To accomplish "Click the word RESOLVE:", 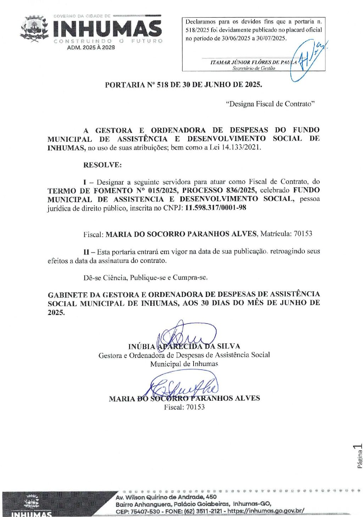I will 102,165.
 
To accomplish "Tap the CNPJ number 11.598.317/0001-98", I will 216,208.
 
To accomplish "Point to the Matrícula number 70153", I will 303,234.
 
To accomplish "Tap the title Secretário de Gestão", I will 253,68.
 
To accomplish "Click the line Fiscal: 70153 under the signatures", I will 184,407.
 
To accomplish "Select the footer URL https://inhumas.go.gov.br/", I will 266,511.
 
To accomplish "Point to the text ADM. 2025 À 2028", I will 91,47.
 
